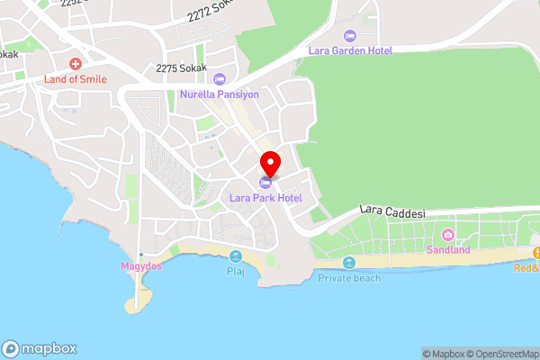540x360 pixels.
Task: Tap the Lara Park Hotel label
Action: tap(265, 197)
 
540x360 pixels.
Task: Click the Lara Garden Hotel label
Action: tap(351, 50)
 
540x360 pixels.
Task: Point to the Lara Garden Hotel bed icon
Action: tap(351, 36)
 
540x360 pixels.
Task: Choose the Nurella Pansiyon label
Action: tap(219, 94)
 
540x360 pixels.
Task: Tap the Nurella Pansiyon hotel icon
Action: tap(219, 79)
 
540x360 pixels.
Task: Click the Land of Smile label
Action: tap(76, 79)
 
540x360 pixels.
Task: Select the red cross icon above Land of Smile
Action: tap(76, 65)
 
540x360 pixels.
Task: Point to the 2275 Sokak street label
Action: tap(181, 67)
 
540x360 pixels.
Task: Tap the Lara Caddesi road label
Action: tap(391, 211)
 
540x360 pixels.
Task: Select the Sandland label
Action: tap(448, 249)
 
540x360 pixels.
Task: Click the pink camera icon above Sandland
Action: tap(448, 236)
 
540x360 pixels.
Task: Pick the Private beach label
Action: tap(349, 278)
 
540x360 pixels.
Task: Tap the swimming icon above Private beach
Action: tap(349, 264)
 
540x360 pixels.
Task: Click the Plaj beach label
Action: tap(236, 270)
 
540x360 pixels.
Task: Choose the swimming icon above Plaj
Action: tap(236, 256)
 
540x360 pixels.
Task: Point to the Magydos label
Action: tap(140, 266)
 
